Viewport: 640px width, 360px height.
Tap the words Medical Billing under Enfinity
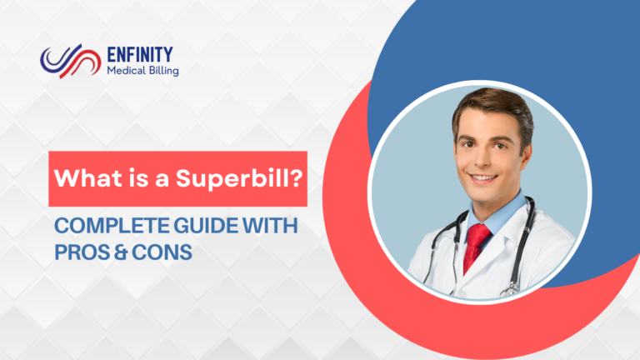(142, 72)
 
